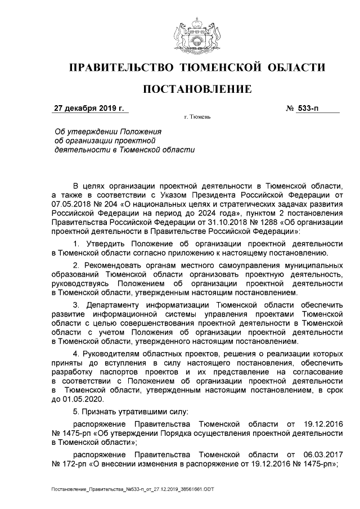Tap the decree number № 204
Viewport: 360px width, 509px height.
(x=105, y=204)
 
